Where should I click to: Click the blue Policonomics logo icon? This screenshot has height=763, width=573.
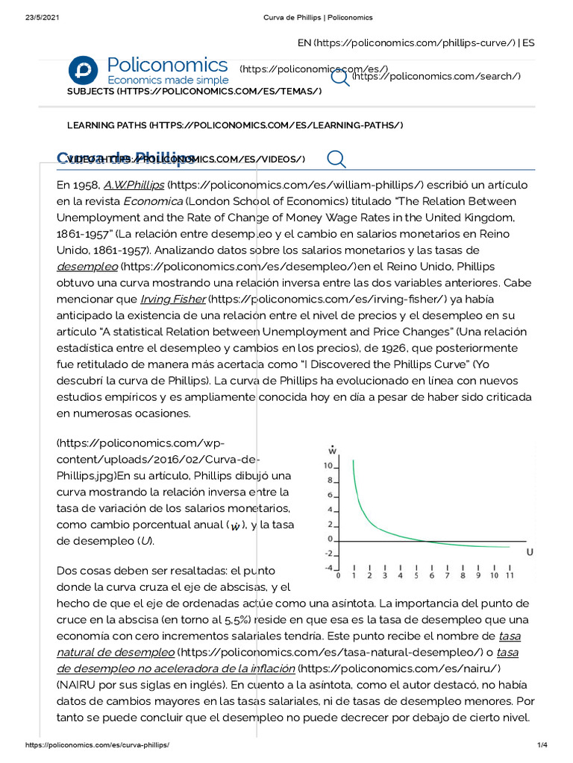[83, 69]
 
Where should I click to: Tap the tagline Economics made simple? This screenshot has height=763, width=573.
[168, 80]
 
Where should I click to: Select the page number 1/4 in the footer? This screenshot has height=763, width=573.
[542, 745]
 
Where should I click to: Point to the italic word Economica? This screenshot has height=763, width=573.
[152, 200]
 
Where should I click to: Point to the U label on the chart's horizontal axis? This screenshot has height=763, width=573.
[530, 552]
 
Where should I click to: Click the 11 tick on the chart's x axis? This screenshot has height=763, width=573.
[510, 575]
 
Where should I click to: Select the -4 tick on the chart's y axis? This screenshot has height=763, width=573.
[328, 568]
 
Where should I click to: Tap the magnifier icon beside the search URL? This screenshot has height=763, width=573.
[340, 77]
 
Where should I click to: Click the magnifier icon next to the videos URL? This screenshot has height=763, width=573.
[336, 159]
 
